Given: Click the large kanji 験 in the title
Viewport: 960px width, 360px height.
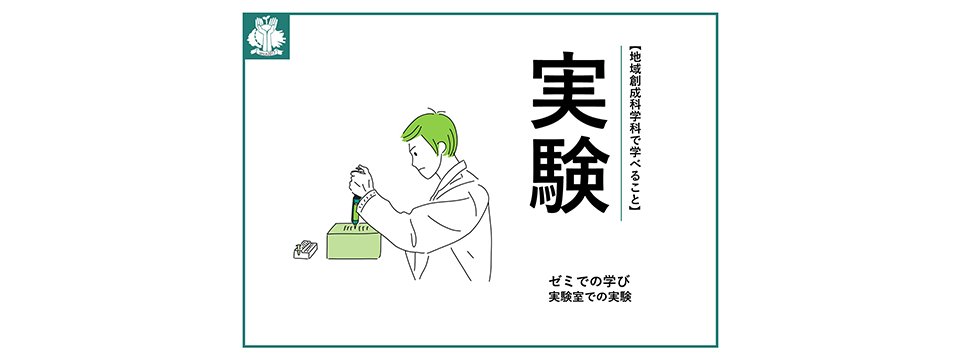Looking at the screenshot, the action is click(x=569, y=174).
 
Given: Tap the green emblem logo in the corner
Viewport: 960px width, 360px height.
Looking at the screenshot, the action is click(x=266, y=36).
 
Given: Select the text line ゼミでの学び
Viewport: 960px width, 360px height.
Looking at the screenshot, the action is click(x=590, y=282).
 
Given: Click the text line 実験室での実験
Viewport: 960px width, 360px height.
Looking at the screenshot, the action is click(x=590, y=299).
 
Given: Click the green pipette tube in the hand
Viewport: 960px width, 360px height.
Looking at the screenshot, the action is click(x=354, y=211).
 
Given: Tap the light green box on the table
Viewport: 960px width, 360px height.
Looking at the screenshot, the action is click(x=354, y=240).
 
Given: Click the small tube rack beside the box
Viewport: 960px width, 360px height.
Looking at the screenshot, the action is click(x=306, y=250).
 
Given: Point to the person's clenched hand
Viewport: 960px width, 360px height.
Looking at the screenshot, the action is click(x=361, y=181).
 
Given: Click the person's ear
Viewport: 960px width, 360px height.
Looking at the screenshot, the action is click(x=442, y=147).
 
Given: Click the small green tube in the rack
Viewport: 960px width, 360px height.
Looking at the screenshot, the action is click(x=299, y=249).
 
